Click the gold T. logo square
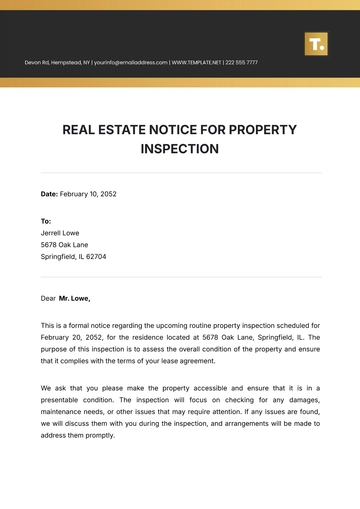coord(316,44)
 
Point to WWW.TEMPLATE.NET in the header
coord(195,63)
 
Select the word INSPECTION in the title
coord(180,148)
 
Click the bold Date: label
coord(50,193)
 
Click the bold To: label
coord(46,220)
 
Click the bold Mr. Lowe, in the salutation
coord(74,298)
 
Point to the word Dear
coord(48,298)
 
